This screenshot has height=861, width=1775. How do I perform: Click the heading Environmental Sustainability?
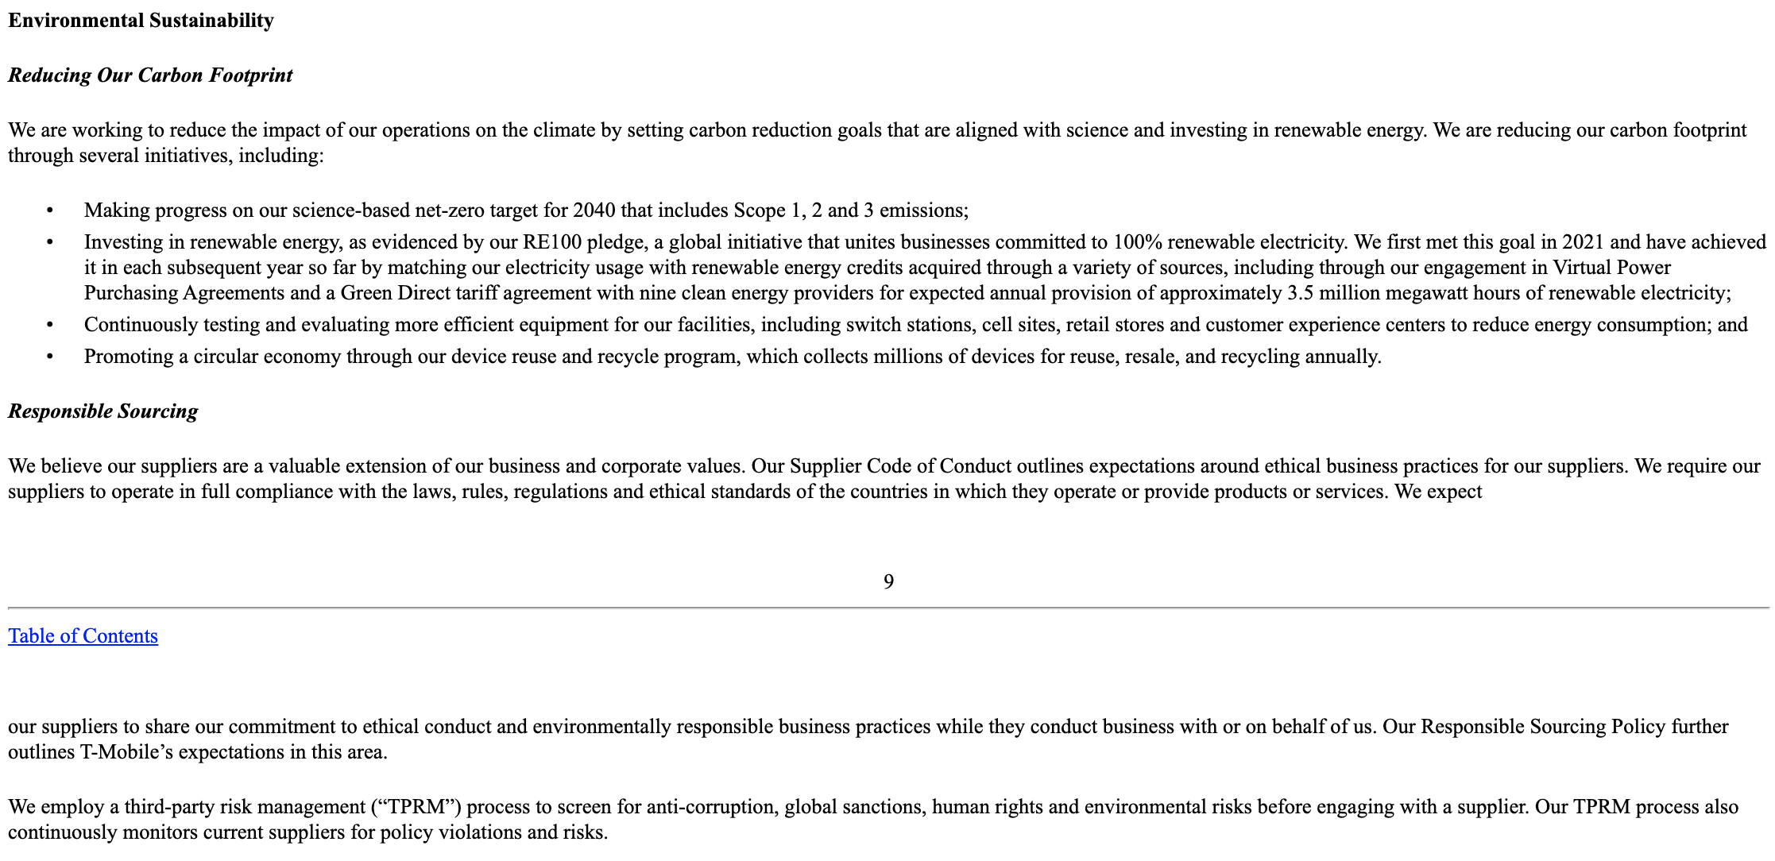141,21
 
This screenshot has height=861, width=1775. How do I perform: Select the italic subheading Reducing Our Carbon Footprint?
150,75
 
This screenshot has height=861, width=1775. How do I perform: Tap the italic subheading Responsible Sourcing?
102,411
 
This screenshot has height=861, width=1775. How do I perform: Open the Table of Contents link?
83,636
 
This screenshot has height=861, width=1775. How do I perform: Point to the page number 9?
888,582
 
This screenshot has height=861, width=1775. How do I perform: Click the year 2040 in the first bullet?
594,210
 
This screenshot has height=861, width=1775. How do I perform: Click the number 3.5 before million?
1300,293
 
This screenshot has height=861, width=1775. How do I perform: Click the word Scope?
759,210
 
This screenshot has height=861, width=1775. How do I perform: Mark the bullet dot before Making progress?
49,210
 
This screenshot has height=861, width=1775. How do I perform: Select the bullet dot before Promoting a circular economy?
49,357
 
